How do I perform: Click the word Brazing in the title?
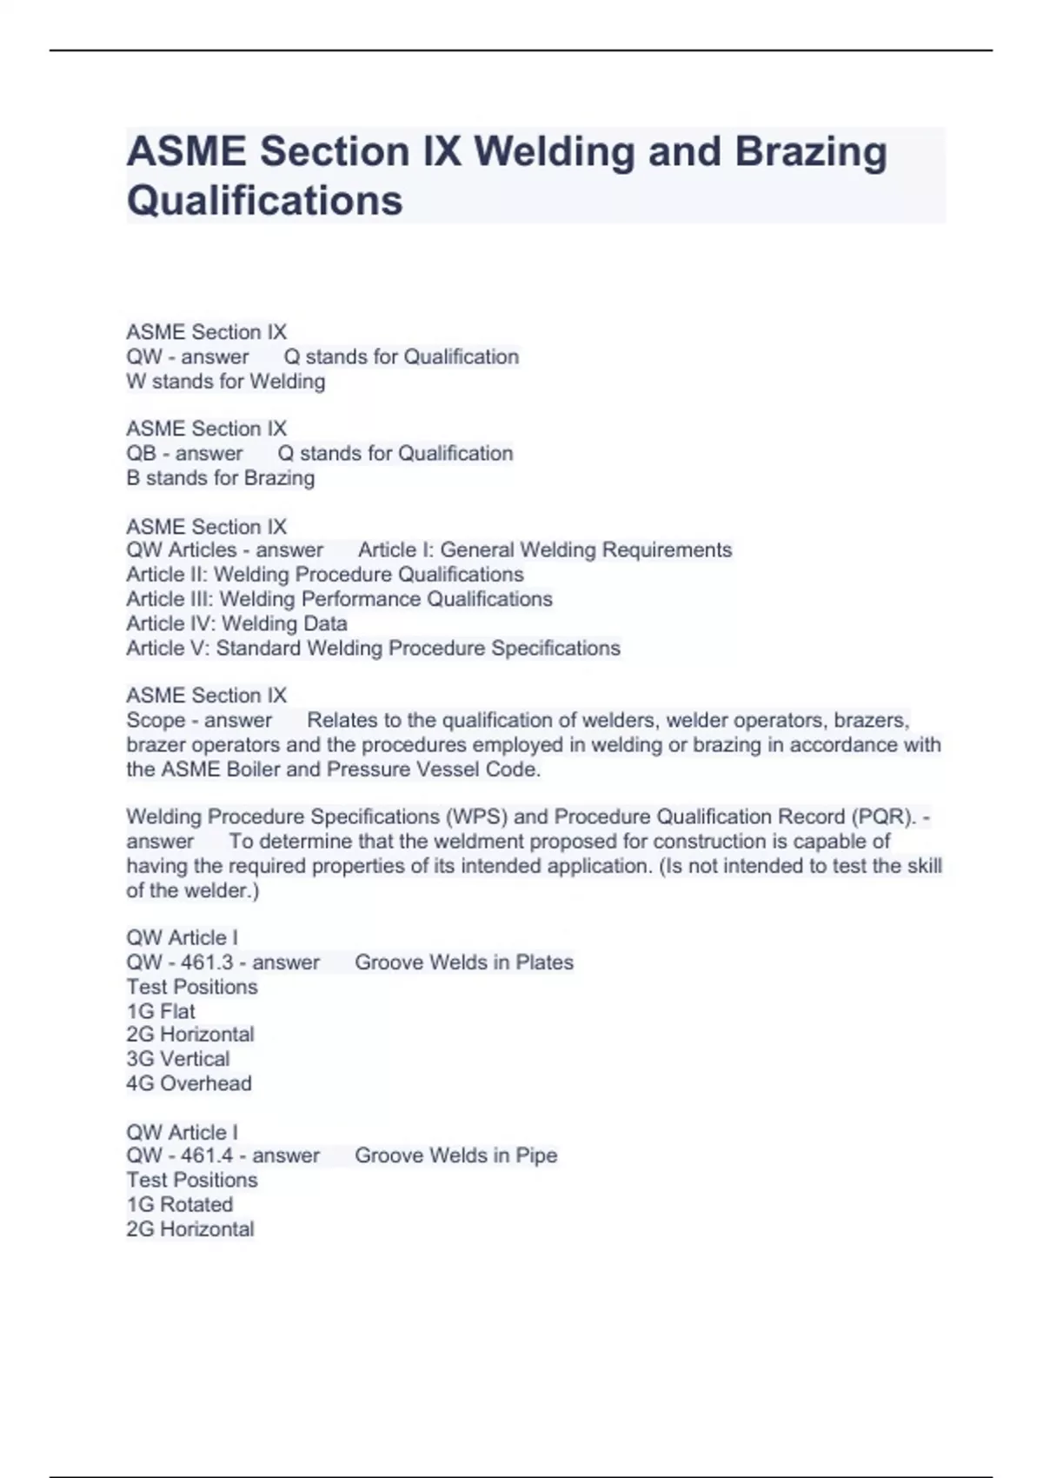[x=811, y=151]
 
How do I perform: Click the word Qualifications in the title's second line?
[x=264, y=200]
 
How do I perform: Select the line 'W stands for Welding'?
[x=225, y=382]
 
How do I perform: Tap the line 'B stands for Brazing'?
[x=220, y=478]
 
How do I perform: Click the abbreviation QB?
[x=142, y=453]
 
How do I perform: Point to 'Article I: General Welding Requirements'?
[x=545, y=550]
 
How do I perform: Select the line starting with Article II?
[x=324, y=575]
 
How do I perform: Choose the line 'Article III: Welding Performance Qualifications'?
[x=339, y=599]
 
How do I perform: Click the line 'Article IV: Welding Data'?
[x=236, y=623]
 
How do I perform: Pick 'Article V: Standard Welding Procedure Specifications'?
[x=373, y=648]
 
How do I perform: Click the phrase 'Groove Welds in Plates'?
[x=464, y=962]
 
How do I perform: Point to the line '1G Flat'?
[x=161, y=1011]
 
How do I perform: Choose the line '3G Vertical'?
[x=178, y=1059]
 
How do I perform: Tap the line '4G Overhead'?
[x=189, y=1083]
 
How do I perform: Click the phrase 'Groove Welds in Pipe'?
[x=455, y=1155]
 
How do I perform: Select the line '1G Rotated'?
[x=179, y=1205]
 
